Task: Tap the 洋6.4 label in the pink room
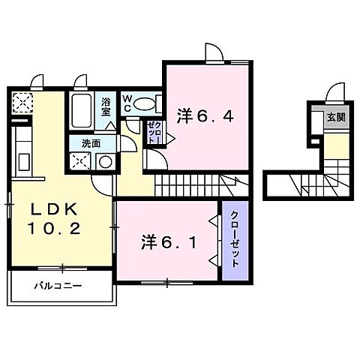203,116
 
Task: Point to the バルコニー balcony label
56,286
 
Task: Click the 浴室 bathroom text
106,105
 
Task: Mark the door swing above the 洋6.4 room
213,50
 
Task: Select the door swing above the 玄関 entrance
335,94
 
